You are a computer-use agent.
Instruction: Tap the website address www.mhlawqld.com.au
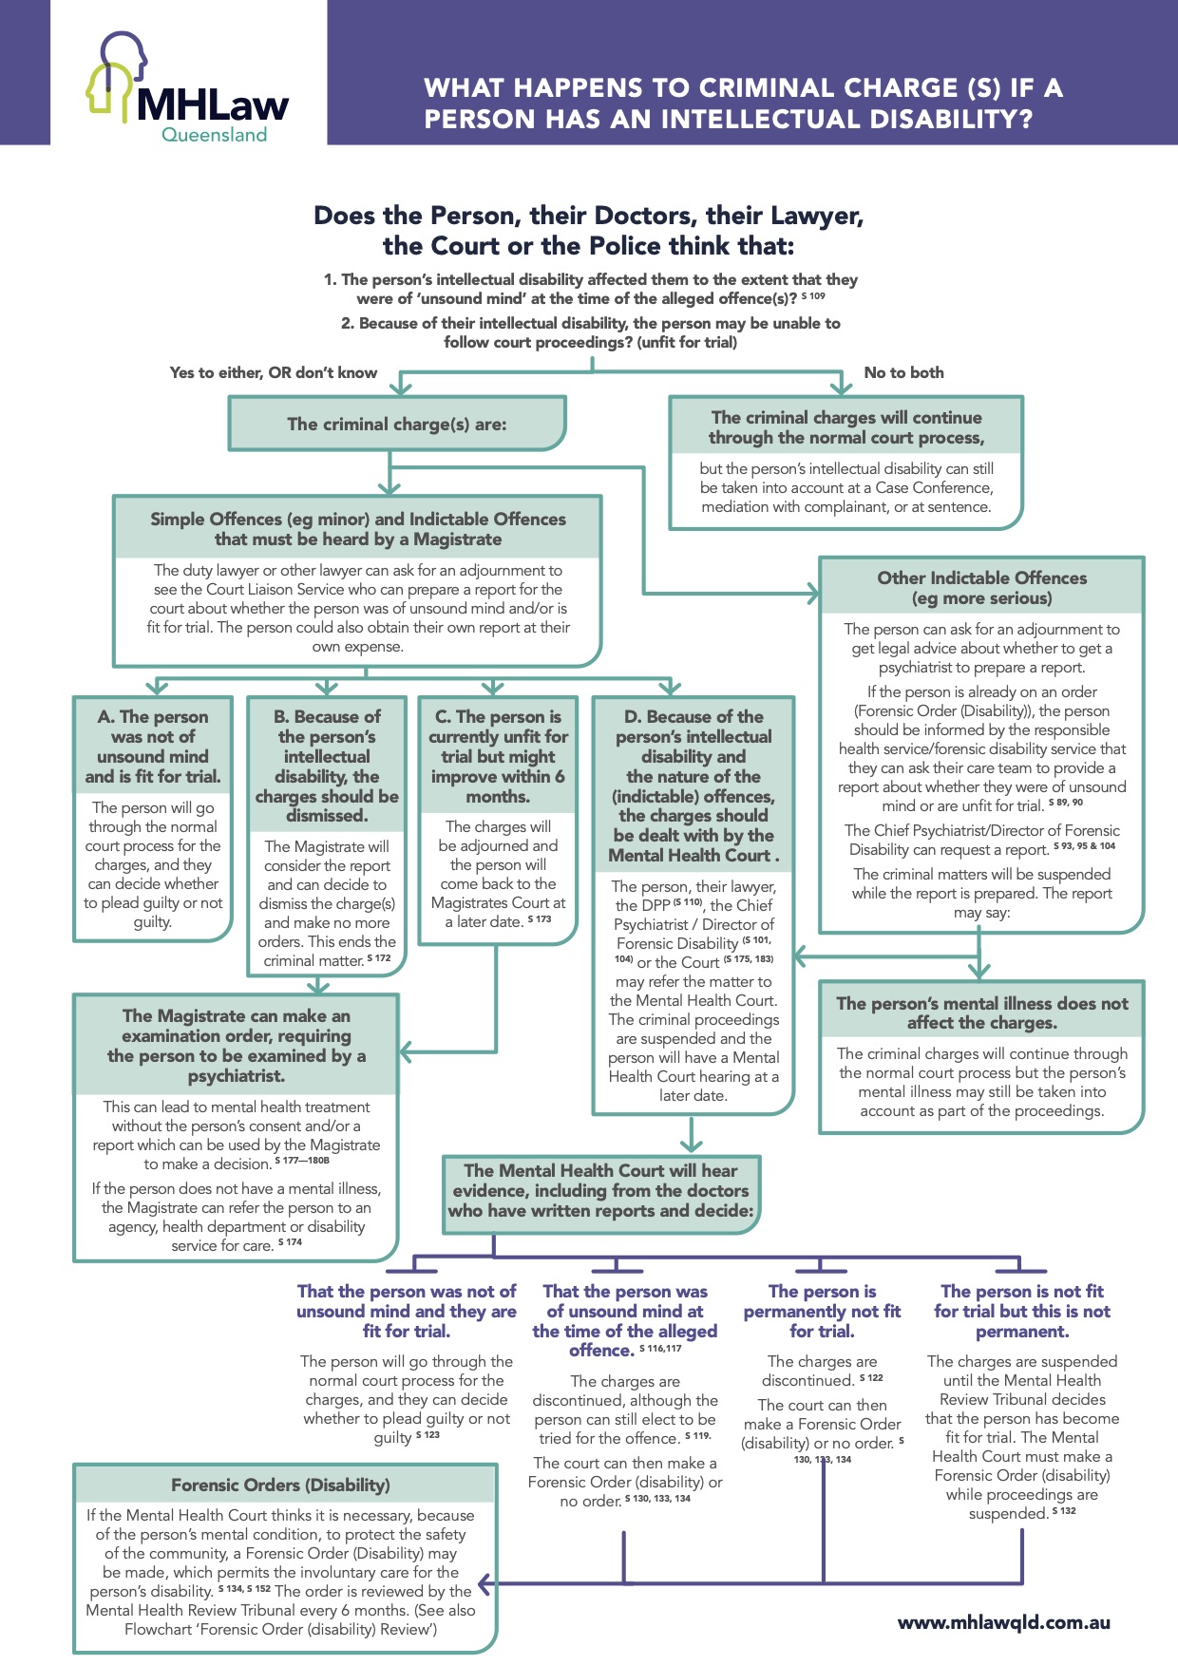[1003, 1622]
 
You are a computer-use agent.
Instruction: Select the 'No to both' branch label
[903, 372]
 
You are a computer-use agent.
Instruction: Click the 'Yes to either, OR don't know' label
[274, 372]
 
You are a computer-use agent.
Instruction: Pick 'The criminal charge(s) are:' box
[397, 424]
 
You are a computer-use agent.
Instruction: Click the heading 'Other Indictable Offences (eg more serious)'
[981, 588]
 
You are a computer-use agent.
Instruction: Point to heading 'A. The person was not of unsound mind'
[153, 747]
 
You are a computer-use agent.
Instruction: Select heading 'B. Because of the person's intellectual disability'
[327, 766]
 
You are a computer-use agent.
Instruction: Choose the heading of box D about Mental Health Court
[693, 785]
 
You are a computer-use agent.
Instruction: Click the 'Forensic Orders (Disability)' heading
[280, 1485]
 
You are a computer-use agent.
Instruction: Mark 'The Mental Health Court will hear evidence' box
[600, 1191]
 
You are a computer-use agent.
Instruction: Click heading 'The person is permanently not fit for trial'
[822, 1311]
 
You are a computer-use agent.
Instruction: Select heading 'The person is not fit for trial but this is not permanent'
[1021, 1311]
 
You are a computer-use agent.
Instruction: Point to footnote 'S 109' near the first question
[813, 296]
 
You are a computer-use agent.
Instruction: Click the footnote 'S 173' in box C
[540, 919]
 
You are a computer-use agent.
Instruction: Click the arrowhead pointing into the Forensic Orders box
[485, 1583]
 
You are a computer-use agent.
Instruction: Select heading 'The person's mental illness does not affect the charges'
[981, 1012]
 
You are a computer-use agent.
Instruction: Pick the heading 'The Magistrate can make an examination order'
[237, 1046]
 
